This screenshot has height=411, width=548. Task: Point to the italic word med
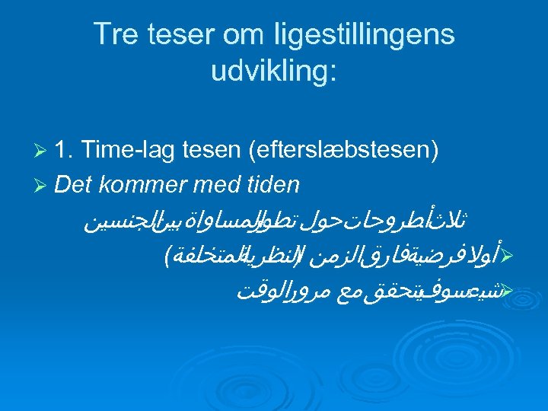(199, 186)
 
